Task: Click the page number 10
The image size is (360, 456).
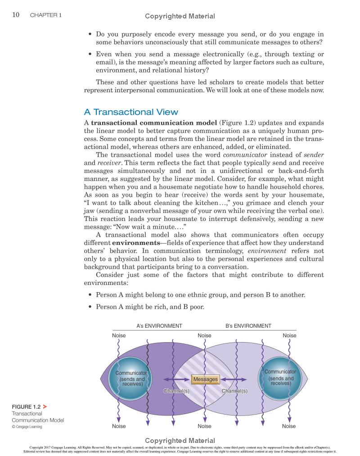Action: pyautogui.click(x=15, y=15)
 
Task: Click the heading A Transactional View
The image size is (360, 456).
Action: pyautogui.click(x=131, y=112)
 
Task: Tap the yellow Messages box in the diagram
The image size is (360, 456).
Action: pyautogui.click(x=205, y=379)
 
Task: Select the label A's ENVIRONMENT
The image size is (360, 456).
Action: pyautogui.click(x=159, y=326)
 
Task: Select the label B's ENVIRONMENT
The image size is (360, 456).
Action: pyautogui.click(x=248, y=326)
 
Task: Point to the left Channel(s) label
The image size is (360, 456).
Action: pyautogui.click(x=176, y=391)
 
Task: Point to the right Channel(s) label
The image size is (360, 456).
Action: pyautogui.click(x=234, y=391)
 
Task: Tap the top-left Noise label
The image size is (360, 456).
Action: pyautogui.click(x=119, y=335)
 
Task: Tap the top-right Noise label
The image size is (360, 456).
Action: pyautogui.click(x=289, y=335)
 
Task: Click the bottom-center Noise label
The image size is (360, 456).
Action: pyautogui.click(x=205, y=426)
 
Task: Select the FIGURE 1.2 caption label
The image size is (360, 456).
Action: pyautogui.click(x=26, y=406)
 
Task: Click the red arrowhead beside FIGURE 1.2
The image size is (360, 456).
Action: pyautogui.click(x=45, y=406)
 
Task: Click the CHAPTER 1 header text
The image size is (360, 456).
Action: pyautogui.click(x=46, y=15)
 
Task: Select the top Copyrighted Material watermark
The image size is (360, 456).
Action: pyautogui.click(x=180, y=16)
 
